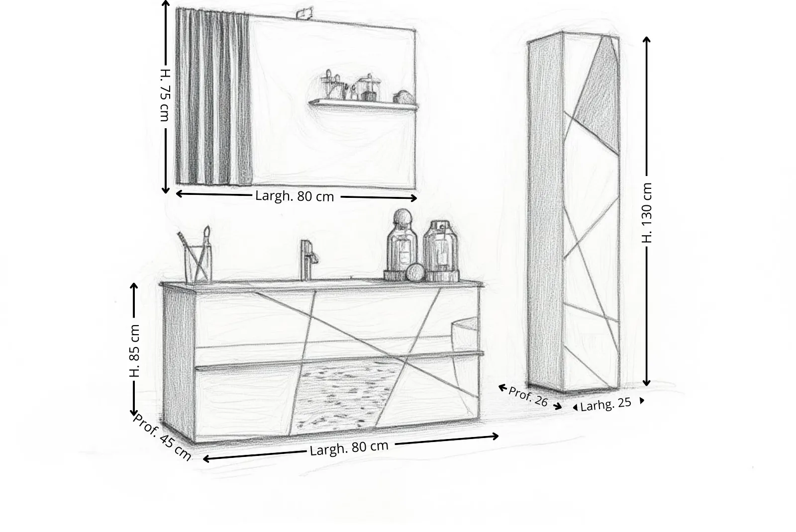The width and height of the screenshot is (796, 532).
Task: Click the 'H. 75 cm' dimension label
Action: pos(165,95)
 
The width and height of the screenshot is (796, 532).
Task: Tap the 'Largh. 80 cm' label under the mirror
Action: pos(295,196)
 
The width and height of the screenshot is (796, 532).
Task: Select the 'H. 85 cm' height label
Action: pos(134,351)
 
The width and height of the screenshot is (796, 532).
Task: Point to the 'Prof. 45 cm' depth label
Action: pos(162,437)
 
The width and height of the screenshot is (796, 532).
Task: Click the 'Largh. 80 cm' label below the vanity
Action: pos(349,448)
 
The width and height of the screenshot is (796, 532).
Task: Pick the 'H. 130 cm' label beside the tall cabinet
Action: pos(647,213)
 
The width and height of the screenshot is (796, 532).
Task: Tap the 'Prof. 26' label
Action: pos(528,396)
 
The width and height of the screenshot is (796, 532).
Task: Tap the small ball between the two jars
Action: pos(415,273)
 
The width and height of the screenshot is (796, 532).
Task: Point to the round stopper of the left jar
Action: pos(402,217)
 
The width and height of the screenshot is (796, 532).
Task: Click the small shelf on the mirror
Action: pos(363,105)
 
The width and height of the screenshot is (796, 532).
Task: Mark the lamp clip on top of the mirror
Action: pos(305,13)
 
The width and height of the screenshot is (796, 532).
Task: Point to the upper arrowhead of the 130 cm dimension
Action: pos(647,39)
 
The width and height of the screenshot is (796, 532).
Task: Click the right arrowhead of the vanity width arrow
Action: pos(496,437)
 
